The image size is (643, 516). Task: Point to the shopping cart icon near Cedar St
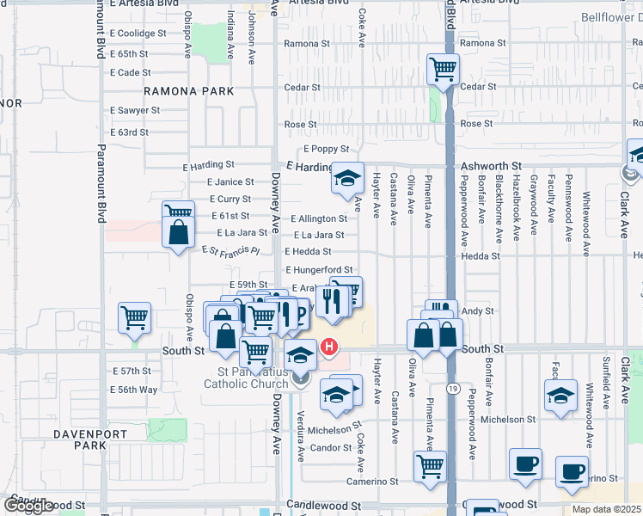click(x=443, y=69)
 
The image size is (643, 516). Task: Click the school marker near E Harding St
click(x=347, y=179)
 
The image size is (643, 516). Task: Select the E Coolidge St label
click(x=138, y=34)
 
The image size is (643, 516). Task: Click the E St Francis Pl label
click(x=230, y=250)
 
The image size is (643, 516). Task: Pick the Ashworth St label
click(x=493, y=164)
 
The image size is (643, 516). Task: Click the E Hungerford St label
click(x=319, y=270)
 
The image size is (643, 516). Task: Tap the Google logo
click(x=29, y=506)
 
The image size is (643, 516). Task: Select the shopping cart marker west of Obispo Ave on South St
click(x=135, y=318)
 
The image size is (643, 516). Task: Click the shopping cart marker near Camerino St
click(x=430, y=467)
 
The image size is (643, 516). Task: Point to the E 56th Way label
click(x=134, y=390)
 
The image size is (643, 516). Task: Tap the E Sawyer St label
click(x=135, y=110)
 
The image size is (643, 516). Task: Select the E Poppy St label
click(x=325, y=149)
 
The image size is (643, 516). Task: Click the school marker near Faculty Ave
click(x=560, y=396)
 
